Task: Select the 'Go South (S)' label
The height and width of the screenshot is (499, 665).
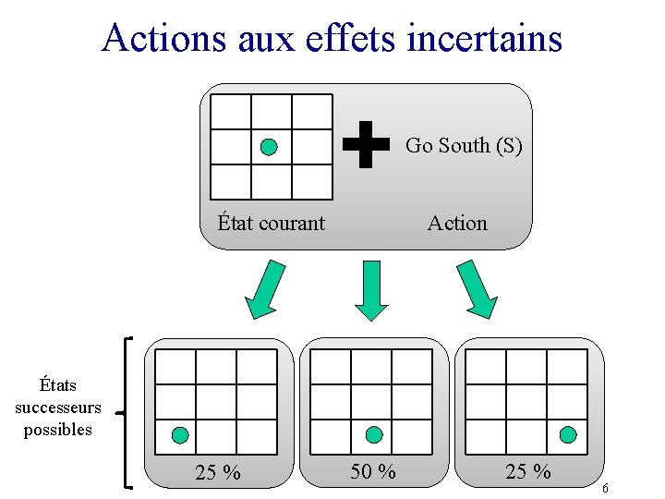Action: (464, 145)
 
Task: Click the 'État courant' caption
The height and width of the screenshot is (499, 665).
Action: (271, 223)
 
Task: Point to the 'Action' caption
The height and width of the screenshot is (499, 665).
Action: (456, 223)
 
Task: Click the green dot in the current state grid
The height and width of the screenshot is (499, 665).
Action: (269, 146)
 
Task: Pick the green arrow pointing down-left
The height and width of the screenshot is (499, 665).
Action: (264, 289)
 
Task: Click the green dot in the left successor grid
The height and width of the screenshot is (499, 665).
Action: (181, 434)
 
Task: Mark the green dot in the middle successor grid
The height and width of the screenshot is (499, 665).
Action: (374, 434)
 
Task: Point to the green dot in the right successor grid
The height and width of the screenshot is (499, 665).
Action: (568, 434)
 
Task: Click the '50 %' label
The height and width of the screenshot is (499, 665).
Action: (373, 471)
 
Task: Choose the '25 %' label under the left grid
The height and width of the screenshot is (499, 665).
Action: (218, 472)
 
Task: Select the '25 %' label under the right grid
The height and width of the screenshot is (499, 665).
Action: (528, 471)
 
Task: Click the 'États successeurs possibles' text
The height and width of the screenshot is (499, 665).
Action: (57, 407)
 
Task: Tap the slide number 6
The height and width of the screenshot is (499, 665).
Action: (605, 488)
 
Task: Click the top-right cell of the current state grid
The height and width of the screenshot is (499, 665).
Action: (311, 112)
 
